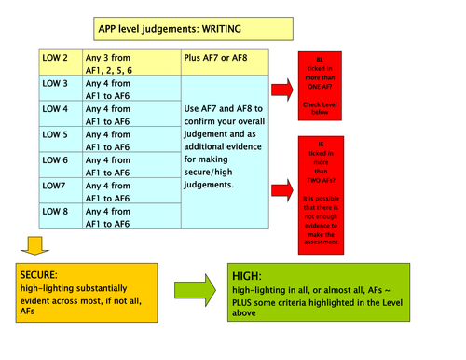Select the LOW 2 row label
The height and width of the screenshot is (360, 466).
(57, 58)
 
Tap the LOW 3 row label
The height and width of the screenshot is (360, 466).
(57, 84)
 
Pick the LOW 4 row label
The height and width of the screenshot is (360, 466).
(57, 109)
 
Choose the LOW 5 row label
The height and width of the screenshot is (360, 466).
(57, 134)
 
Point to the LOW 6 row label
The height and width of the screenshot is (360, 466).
(57, 160)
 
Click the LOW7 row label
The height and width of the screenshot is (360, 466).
(55, 186)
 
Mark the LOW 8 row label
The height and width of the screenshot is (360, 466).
(57, 212)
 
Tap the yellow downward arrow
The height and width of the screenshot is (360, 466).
(34, 245)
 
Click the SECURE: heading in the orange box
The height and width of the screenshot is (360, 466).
(40, 277)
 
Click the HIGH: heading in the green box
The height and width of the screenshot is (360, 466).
(247, 278)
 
